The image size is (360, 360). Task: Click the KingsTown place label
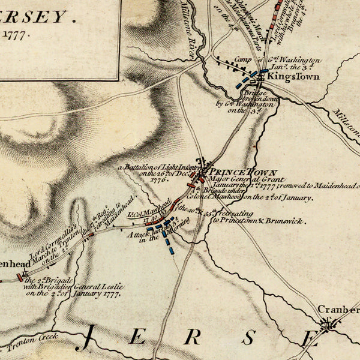pos(286,78)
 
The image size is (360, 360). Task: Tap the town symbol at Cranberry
pos(328,326)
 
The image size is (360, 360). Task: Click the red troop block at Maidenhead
pos(20,277)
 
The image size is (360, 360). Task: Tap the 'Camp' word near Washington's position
pos(242,60)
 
